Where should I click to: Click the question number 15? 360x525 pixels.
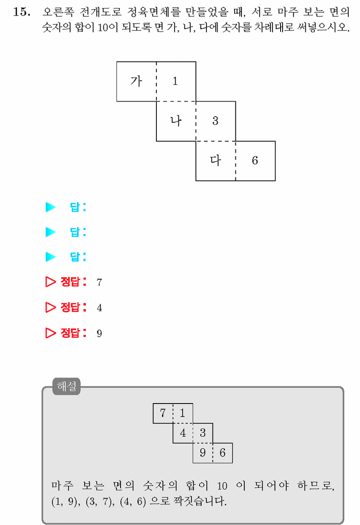coord(22,12)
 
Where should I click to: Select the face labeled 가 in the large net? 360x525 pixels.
coord(136,82)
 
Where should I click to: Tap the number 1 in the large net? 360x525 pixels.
coord(175,81)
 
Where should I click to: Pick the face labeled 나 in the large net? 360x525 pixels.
coord(176,121)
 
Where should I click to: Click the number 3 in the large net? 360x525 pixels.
coord(215,121)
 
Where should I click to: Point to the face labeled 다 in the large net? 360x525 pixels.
coord(216,161)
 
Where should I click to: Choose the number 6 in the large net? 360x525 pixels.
coord(255,161)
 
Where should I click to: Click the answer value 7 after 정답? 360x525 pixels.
coord(99,282)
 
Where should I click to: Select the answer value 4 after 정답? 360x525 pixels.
coord(99,307)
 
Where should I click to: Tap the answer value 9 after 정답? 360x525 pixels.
coord(99,333)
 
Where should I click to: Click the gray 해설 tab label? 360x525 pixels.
coord(66,386)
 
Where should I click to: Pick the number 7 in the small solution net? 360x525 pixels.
coord(163,413)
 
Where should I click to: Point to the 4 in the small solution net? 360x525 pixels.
coord(183,432)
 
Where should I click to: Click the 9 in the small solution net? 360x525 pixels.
coord(203,452)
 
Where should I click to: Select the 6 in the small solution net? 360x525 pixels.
coord(222,452)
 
